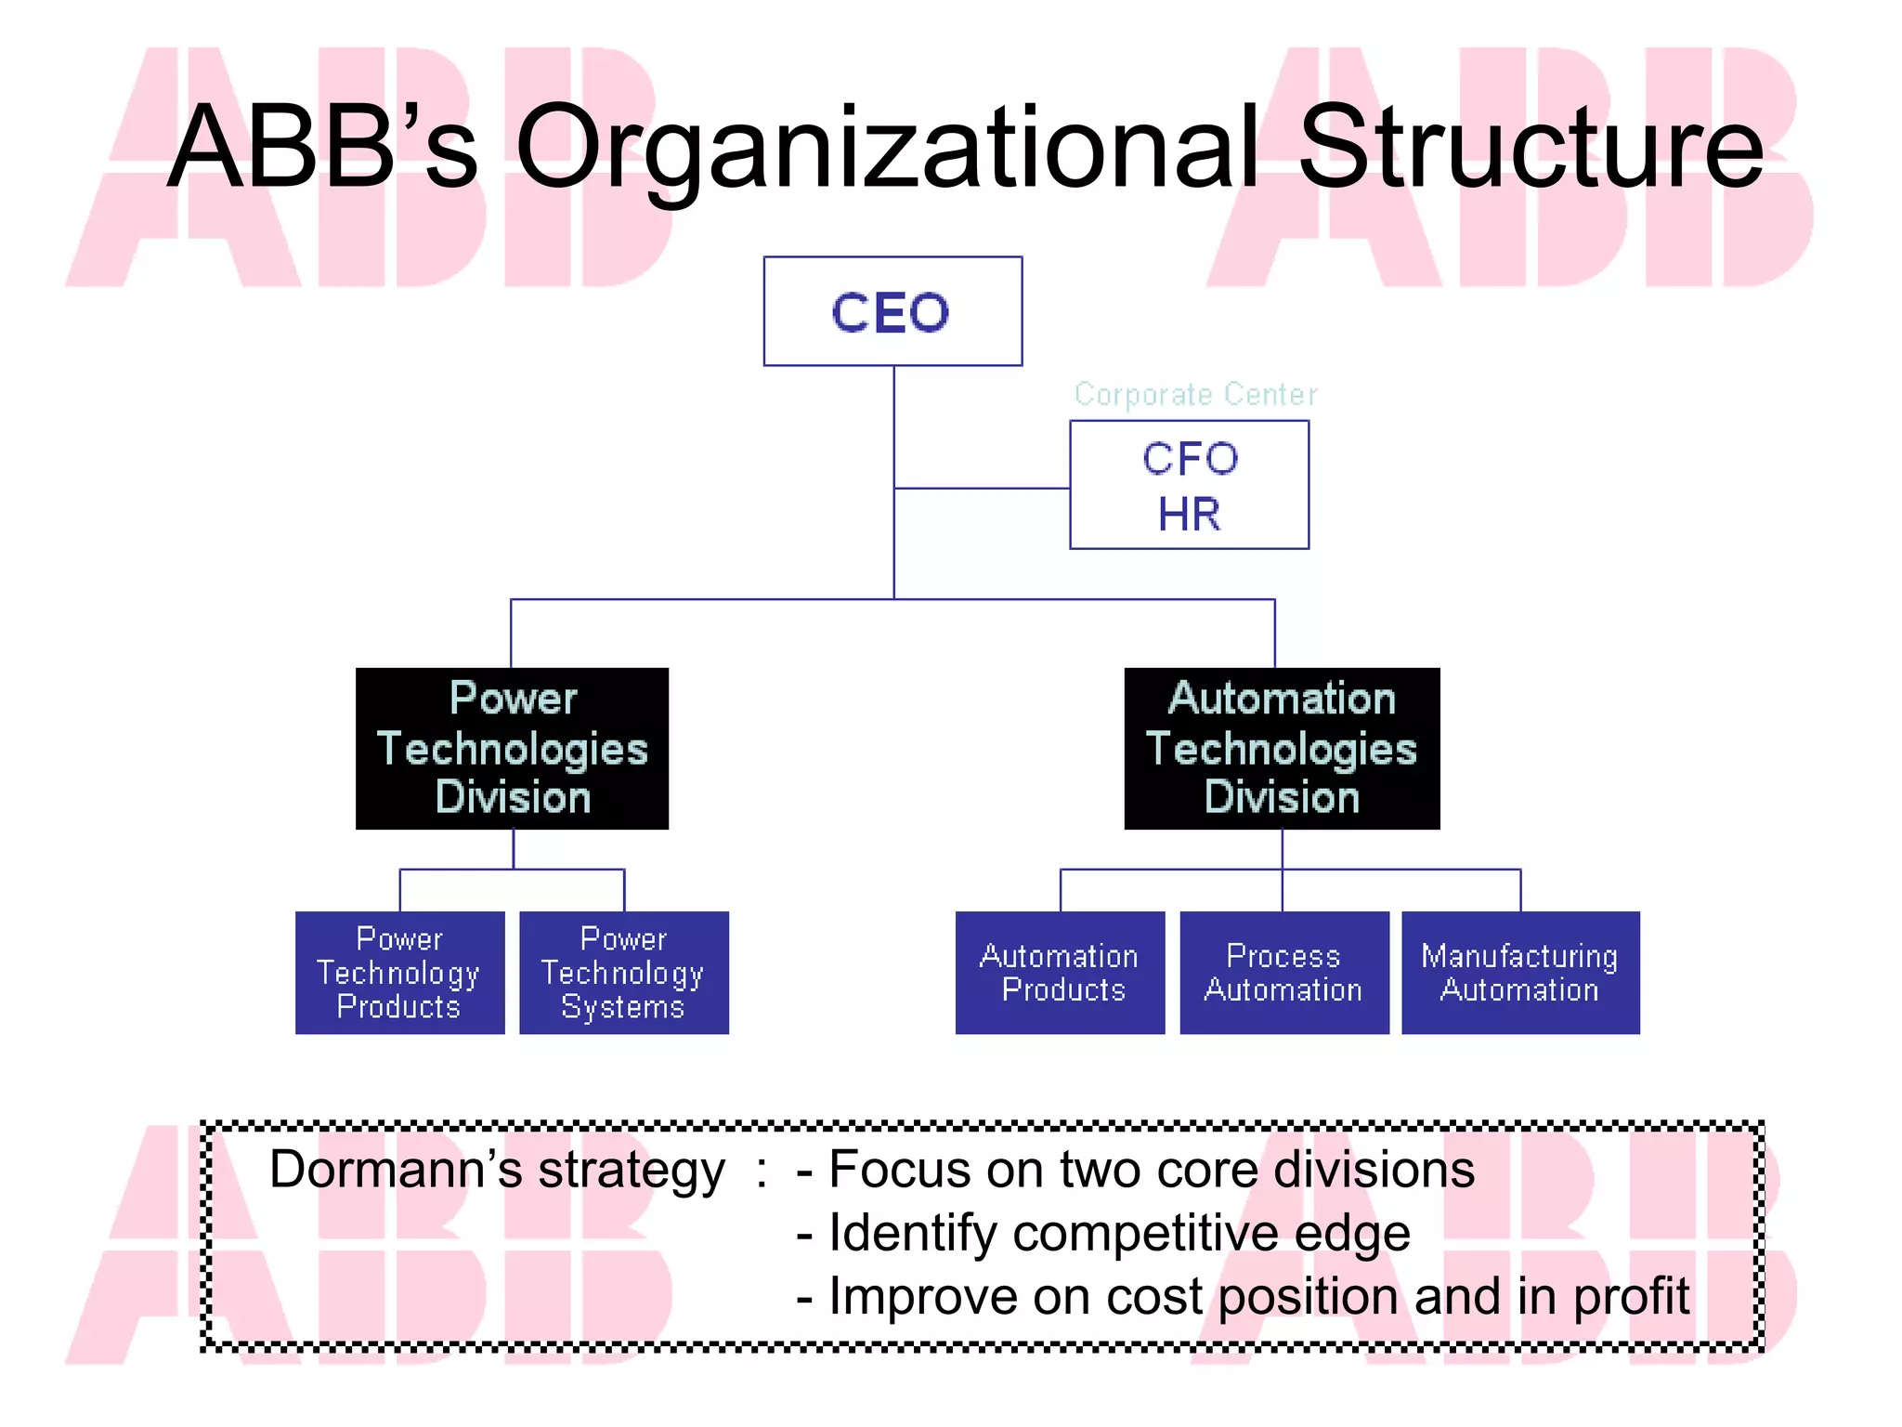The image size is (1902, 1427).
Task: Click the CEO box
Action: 892,311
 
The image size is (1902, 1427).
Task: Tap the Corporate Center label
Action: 1195,395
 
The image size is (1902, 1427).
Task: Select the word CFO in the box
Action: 1190,459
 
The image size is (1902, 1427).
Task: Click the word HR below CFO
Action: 1189,515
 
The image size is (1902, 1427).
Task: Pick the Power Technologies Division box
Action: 512,748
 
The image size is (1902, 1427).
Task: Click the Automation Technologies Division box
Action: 1282,748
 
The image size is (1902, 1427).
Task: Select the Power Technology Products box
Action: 399,972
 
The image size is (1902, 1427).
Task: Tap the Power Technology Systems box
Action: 623,972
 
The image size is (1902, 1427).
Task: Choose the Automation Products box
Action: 1060,972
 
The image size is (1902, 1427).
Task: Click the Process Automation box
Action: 1283,972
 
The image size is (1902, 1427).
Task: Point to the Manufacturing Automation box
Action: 1519,972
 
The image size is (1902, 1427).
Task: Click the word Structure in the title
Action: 1530,149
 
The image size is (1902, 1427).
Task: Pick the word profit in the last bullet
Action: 1632,1296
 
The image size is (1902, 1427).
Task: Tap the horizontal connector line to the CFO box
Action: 982,488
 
